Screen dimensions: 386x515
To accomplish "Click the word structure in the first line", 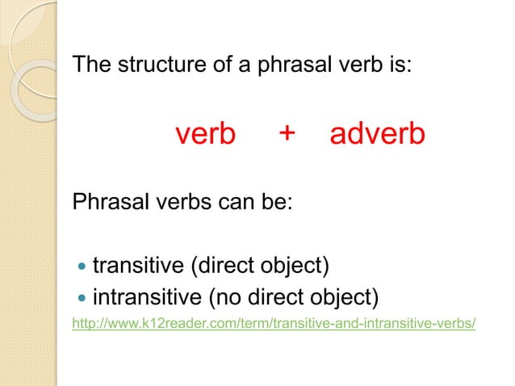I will coord(149,64).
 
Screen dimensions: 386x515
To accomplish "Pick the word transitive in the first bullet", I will coord(138,266).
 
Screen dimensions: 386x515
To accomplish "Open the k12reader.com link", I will coord(274,324).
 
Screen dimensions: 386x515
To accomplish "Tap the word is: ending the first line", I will coord(400,64).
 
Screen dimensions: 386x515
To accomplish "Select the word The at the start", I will coord(90,64).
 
